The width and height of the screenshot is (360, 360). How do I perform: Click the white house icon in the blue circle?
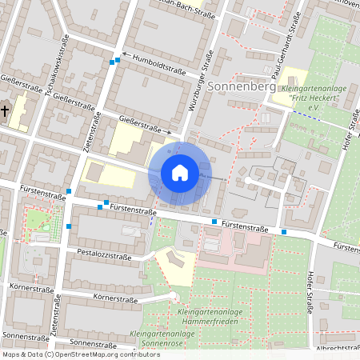pyautogui.click(x=180, y=172)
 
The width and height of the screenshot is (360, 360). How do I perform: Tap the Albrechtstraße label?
pyautogui.click(x=337, y=348)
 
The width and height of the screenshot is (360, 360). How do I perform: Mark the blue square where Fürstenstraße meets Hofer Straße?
pyautogui.click(x=285, y=232)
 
